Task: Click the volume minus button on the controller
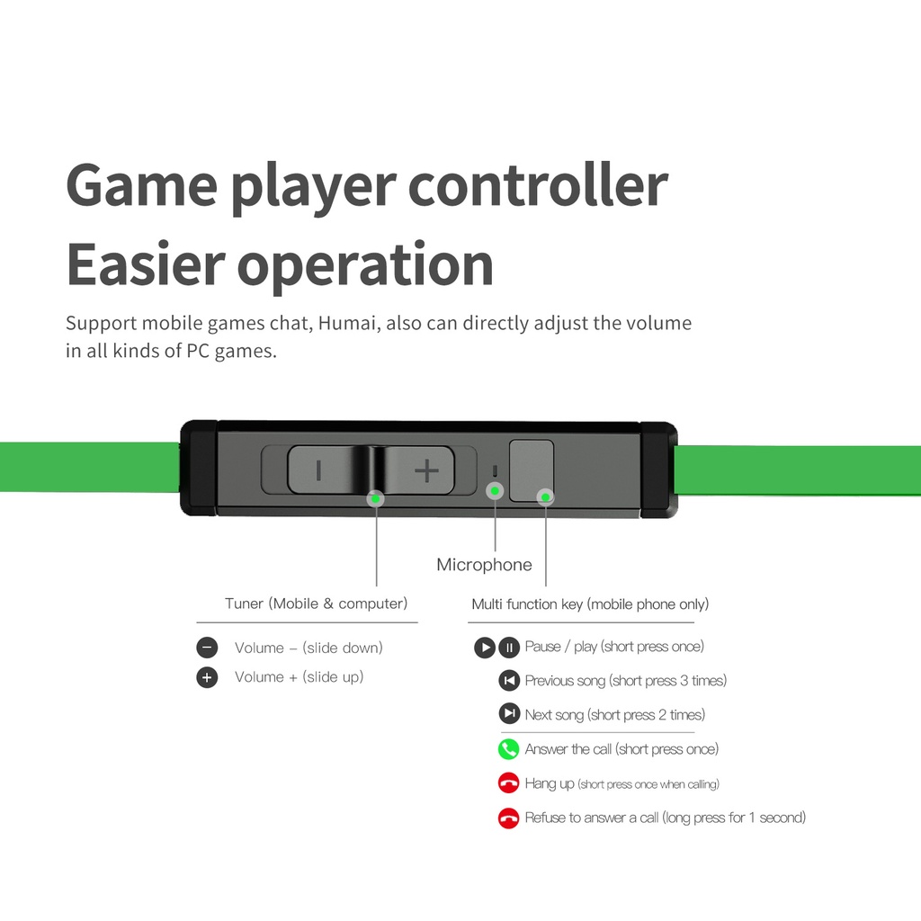tap(317, 469)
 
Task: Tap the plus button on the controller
tap(426, 469)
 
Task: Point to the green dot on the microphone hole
tap(494, 490)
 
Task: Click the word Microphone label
tap(484, 565)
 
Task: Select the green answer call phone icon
tap(509, 749)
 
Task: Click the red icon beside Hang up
tap(509, 783)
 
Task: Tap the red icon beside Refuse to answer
tap(509, 818)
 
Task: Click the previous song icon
tap(509, 680)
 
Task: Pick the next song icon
tap(509, 714)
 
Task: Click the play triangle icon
tap(485, 647)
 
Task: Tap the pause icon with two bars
tap(509, 647)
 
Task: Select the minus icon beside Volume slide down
tap(207, 648)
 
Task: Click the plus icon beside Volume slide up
tap(207, 677)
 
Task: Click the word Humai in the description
tap(345, 323)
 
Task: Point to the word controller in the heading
tap(537, 184)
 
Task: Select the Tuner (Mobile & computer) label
tap(316, 604)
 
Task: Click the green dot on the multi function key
tap(545, 496)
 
